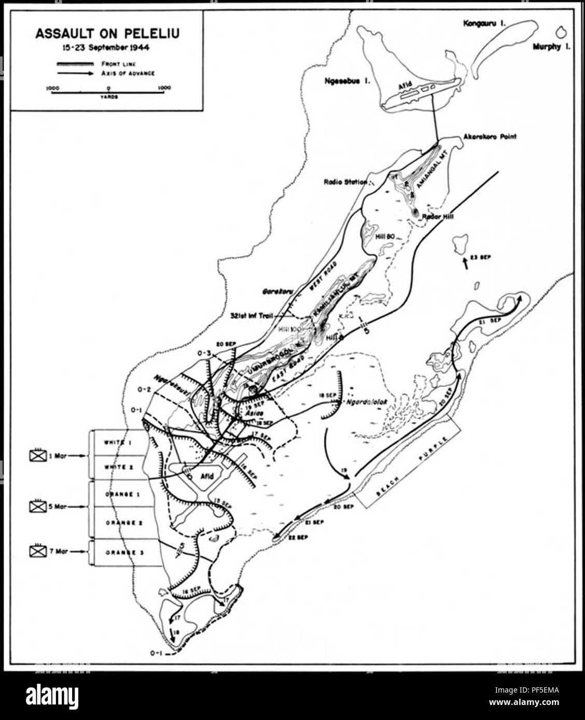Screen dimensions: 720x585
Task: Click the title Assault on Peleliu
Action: coord(108,35)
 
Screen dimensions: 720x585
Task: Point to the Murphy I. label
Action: coord(552,47)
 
